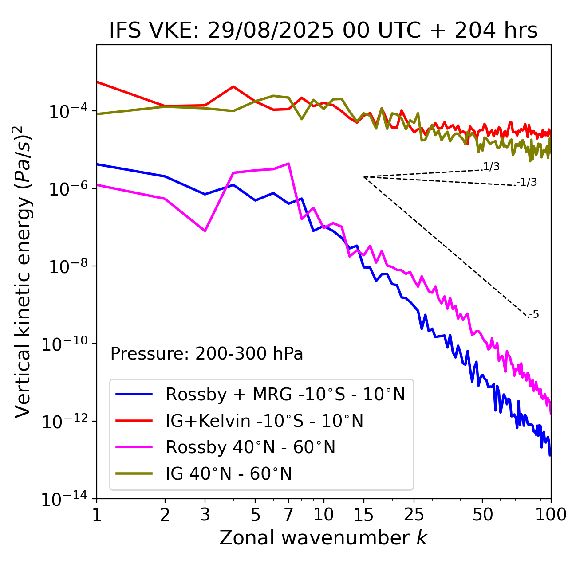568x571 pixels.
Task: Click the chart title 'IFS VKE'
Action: tap(323, 31)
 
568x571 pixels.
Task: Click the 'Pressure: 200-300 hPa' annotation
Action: tap(207, 354)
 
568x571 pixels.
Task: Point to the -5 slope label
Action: tap(534, 315)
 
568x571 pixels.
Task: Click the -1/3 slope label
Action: tap(527, 182)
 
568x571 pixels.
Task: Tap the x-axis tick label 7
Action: tap(288, 515)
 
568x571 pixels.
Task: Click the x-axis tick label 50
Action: tap(482, 515)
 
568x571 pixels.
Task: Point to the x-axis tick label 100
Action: tap(551, 515)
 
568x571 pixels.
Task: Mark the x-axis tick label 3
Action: tap(205, 515)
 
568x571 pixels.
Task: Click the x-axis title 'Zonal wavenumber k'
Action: tap(323, 538)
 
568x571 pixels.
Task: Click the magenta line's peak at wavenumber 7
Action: tap(288, 164)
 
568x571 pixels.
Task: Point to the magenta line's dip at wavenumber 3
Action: tap(205, 231)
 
